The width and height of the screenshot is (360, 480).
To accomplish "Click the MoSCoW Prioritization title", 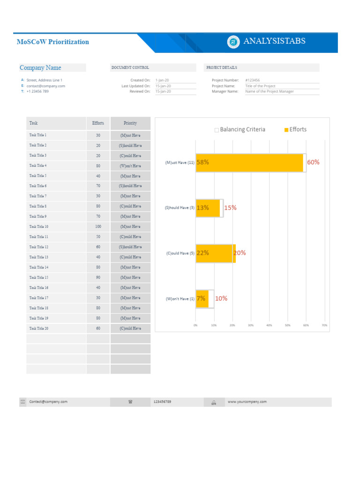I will coord(52,42).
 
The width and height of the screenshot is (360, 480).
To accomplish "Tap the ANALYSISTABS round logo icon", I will coord(233,42).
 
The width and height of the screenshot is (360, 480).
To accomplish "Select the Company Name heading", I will coord(40,67).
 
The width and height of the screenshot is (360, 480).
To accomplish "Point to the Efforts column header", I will coord(98,123).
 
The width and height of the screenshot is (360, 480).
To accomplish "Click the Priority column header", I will coord(130,123).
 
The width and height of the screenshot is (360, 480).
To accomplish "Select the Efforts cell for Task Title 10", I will coord(98,226).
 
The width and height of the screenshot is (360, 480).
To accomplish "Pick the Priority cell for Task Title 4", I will coord(130,165).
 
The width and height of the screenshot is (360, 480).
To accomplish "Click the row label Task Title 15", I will coord(39,277).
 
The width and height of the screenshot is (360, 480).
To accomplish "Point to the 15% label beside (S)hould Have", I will coord(230,208).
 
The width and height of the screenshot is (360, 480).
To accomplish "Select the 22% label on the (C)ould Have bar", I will coord(203,253).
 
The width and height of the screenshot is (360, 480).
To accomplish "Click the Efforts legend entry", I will coord(295,129).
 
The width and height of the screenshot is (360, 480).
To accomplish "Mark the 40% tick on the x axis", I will coord(269,325).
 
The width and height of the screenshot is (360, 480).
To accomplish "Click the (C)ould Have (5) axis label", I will coord(180,253).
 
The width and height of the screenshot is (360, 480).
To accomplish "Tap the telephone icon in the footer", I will coord(130,402).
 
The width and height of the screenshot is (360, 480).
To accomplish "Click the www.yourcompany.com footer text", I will coord(247,402).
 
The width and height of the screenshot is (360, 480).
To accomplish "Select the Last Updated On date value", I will coord(163,86).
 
